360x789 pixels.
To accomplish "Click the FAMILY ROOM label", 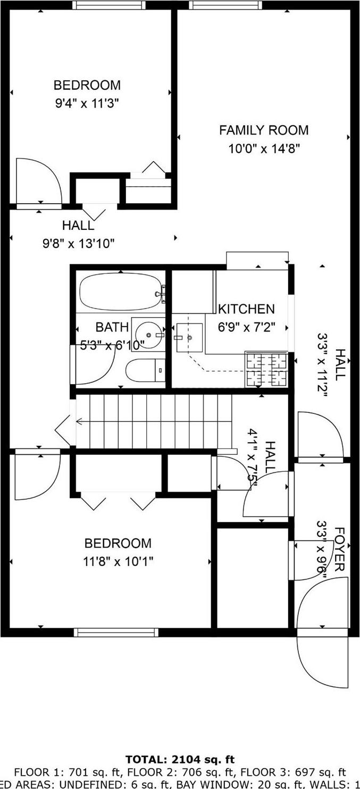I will coord(264,130).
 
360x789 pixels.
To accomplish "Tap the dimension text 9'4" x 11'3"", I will coord(87,103).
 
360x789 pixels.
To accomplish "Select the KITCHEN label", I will coord(247,309).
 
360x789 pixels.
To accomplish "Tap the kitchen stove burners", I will coord(266,369).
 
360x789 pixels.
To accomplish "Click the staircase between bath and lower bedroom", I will coord(154,421).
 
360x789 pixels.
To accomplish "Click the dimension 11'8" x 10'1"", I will coord(118,561).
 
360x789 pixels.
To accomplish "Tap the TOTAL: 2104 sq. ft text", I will coord(180,759).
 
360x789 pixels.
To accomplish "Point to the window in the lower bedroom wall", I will coord(116,632).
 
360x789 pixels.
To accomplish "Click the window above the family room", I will coord(225,5).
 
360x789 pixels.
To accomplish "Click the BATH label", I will coord(112,327).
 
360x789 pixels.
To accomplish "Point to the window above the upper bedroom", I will coord(108,5).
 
